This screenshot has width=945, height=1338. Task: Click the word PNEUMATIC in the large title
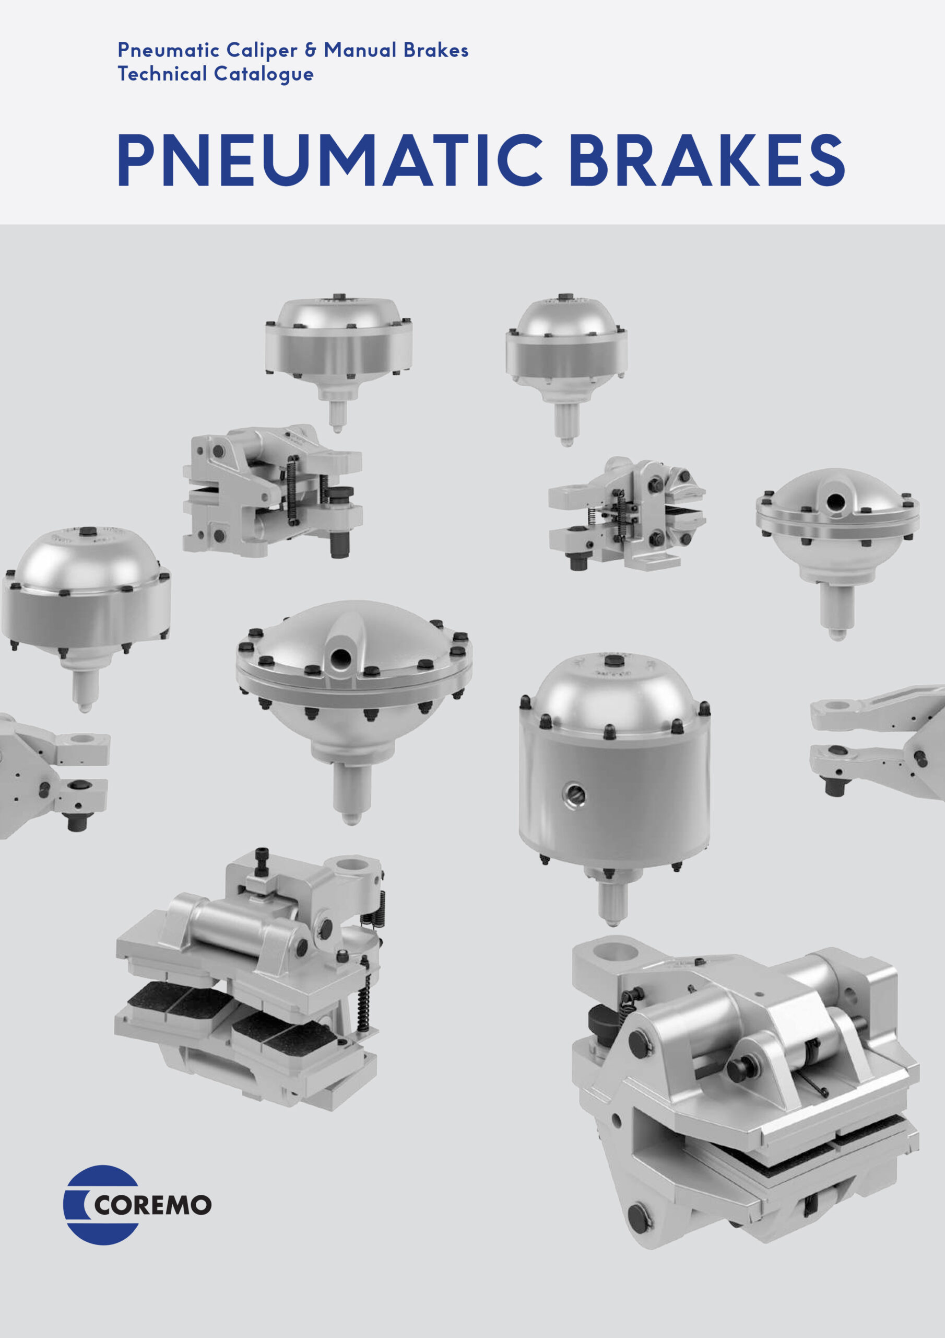pyautogui.click(x=330, y=160)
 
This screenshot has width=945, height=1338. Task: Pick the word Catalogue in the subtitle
pyautogui.click(x=264, y=75)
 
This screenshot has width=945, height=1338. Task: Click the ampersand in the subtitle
pyautogui.click(x=311, y=50)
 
